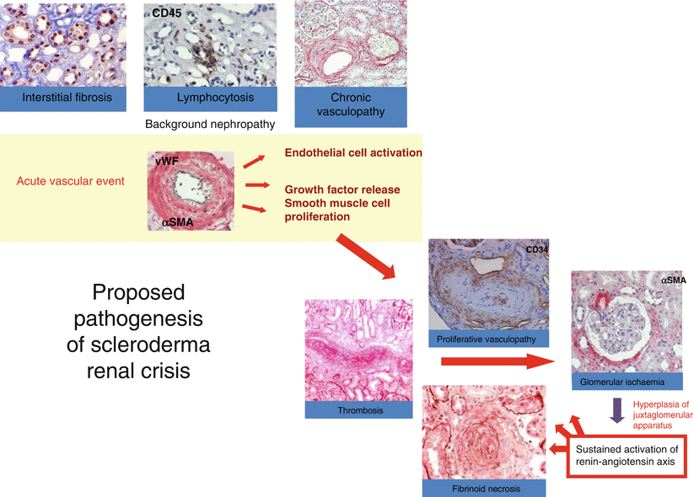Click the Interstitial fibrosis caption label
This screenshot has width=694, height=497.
point(67,98)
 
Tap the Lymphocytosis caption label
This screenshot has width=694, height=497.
point(215,98)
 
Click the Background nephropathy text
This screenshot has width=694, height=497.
point(210,124)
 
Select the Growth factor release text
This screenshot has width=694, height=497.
point(342,190)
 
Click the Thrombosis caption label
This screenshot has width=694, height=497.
point(360,411)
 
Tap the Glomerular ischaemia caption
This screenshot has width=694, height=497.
point(622,382)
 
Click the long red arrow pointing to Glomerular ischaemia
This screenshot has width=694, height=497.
point(497,363)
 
